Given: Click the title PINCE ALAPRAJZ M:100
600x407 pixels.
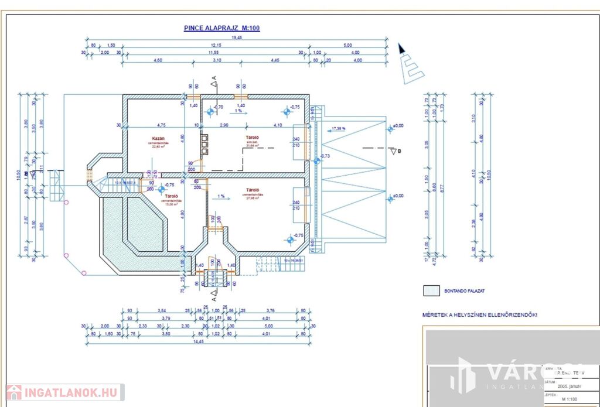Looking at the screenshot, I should coord(221,28).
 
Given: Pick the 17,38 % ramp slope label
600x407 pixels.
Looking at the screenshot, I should coord(339,128).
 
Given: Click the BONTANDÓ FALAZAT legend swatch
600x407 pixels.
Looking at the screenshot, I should coord(431,290).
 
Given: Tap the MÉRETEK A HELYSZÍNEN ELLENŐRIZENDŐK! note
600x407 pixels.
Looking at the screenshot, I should coord(480,314).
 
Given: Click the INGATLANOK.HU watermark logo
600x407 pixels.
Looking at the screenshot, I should coord(64,392).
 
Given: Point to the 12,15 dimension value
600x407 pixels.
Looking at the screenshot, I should coord(217,45).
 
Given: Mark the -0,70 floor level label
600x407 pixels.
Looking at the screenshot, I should coord(219,107).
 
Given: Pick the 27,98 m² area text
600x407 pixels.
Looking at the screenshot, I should coord(254,199).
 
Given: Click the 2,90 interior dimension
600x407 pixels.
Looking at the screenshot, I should coord(223,125).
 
